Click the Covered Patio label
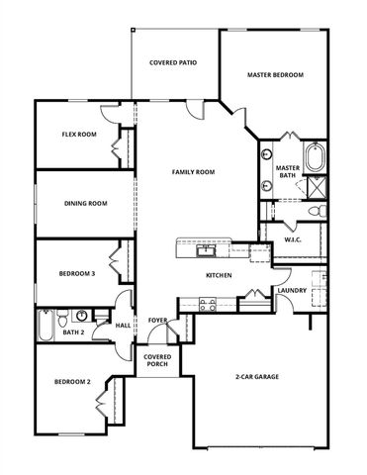(173, 62)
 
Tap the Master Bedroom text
(275, 75)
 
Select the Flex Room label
(79, 135)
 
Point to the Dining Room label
(85, 204)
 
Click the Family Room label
(193, 172)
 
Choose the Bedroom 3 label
(75, 274)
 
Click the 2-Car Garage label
(255, 377)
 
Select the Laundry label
(291, 291)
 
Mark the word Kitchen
(219, 275)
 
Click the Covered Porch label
(157, 360)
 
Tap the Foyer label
(157, 321)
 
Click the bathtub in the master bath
(315, 158)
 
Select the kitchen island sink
(209, 247)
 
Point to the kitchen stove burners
(207, 306)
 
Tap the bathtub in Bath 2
(46, 325)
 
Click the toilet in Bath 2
(62, 319)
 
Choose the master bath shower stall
(317, 187)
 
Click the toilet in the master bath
(315, 211)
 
